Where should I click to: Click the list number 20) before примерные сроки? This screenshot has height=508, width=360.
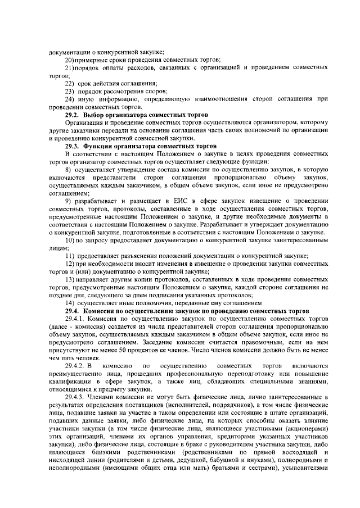(x=71, y=60)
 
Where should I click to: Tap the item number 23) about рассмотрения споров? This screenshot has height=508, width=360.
(x=70, y=91)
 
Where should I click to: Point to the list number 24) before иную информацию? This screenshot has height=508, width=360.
(x=70, y=99)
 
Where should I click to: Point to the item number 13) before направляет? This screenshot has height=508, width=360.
(x=71, y=279)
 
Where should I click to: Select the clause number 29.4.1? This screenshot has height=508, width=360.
(x=75, y=319)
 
